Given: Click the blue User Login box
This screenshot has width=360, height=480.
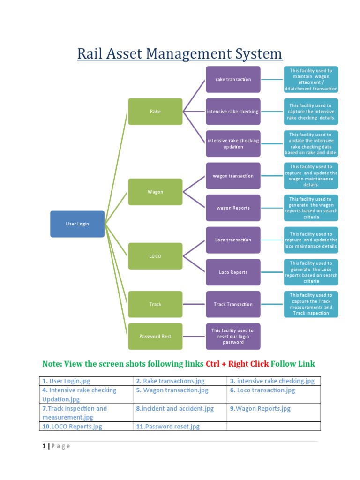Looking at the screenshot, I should point(77,224).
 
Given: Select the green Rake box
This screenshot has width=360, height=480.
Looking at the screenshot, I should point(155,112).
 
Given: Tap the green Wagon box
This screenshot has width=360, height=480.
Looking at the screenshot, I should point(155,192).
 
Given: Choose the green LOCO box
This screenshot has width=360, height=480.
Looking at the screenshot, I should point(155,256).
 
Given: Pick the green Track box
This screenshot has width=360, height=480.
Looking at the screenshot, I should point(155,304).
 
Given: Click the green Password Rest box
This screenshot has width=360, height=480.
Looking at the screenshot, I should point(155,336).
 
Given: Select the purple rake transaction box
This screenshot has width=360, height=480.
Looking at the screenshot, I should point(233,79).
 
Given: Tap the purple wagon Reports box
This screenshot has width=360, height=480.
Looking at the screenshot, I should point(233,208).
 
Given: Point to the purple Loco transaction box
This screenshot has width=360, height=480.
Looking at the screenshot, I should point(233,240).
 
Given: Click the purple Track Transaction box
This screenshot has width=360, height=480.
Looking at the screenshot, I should point(233,304).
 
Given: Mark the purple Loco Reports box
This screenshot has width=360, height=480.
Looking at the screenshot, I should point(233,272).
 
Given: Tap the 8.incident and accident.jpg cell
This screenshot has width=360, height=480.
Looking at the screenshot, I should point(175,408).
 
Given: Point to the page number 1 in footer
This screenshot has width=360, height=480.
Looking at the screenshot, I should point(44,446).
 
